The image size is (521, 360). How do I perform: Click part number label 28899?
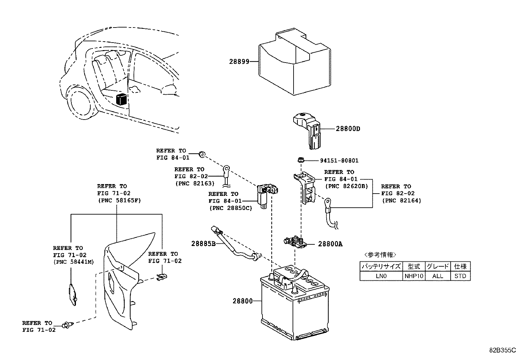[239, 61]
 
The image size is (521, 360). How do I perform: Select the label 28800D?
[348, 129]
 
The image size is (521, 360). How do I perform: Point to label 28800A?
[330, 244]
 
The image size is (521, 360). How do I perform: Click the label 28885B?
[203, 244]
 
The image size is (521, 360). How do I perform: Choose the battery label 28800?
[243, 301]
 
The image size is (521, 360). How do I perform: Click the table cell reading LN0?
[381, 276]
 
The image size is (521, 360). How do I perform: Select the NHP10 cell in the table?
[414, 276]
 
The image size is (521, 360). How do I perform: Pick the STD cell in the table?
[460, 276]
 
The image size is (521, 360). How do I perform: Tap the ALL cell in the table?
[438, 276]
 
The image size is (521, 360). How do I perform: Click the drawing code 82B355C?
[502, 350]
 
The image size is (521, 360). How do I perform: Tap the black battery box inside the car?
[122, 99]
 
